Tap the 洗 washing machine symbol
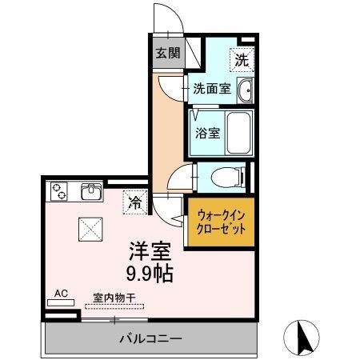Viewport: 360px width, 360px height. point(241,58)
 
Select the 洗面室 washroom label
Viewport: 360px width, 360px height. point(212,89)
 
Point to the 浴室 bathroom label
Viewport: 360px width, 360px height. point(208,134)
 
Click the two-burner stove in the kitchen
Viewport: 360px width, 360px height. point(60,192)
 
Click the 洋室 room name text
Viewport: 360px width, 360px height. point(150,252)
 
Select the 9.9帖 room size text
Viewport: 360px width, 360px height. point(150,274)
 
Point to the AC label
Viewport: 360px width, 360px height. point(61,294)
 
